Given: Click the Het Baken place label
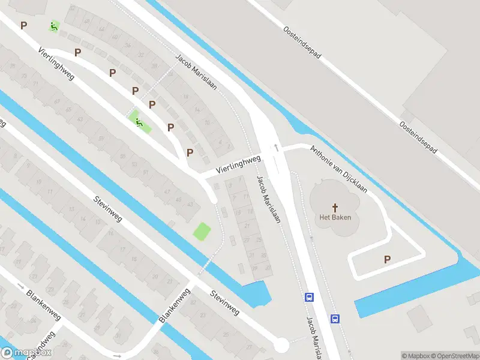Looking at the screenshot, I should pyautogui.click(x=335, y=217).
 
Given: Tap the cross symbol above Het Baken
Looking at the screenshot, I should pyautogui.click(x=335, y=206).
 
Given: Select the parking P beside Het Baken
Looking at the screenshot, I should pyautogui.click(x=387, y=259).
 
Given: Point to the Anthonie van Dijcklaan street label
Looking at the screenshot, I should pyautogui.click(x=339, y=169).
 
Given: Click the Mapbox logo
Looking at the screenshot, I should pyautogui.click(x=26, y=353).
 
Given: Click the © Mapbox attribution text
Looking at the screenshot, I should pyautogui.click(x=415, y=356).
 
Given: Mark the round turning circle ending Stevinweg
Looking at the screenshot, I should pyautogui.click(x=280, y=345).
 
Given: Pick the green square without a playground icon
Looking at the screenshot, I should pyautogui.click(x=202, y=230).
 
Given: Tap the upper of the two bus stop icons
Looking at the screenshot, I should pyautogui.click(x=310, y=296).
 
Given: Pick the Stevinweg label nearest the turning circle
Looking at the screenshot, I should pyautogui.click(x=224, y=304).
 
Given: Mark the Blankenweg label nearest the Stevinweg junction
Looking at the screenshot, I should pyautogui.click(x=175, y=305).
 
